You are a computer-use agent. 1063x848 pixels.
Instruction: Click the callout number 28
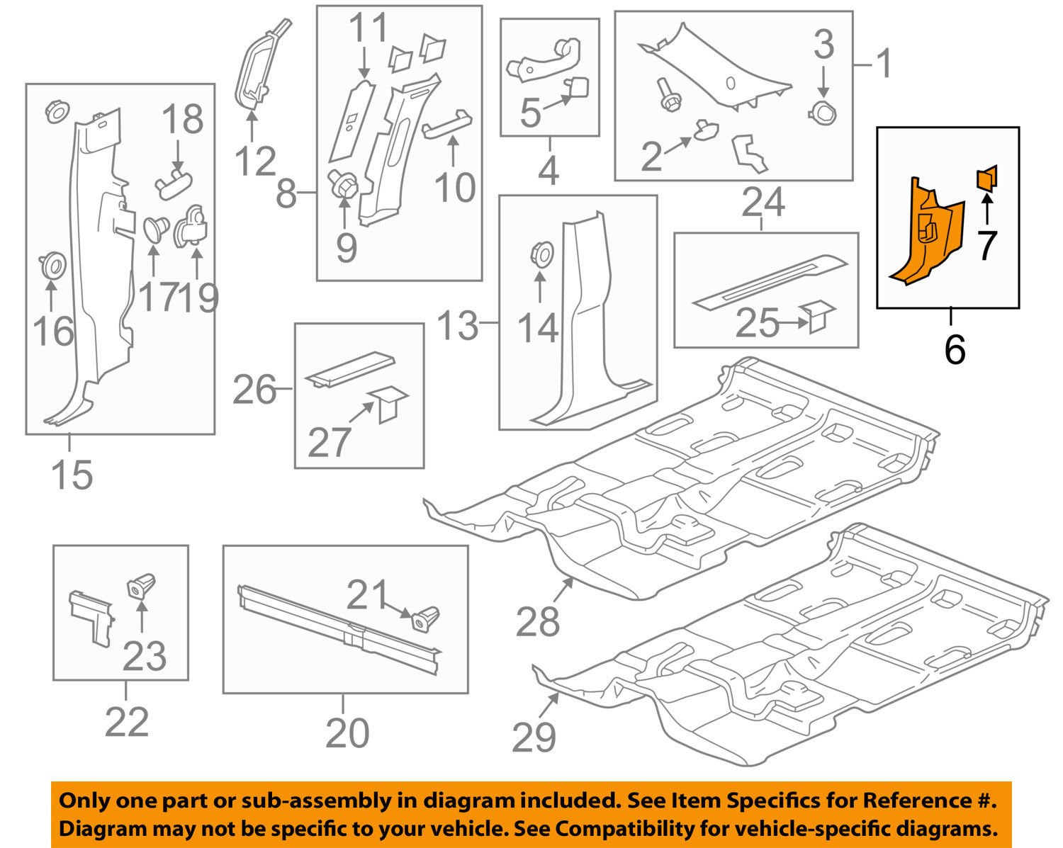click(x=538, y=622)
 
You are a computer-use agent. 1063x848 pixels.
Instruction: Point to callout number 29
click(x=534, y=738)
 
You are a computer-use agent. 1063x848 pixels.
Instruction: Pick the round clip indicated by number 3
click(x=821, y=111)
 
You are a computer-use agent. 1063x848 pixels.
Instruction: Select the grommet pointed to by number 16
click(x=51, y=265)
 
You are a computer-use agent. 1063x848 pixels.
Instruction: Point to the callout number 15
click(x=72, y=474)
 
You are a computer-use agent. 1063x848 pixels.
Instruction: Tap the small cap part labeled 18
click(x=173, y=186)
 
